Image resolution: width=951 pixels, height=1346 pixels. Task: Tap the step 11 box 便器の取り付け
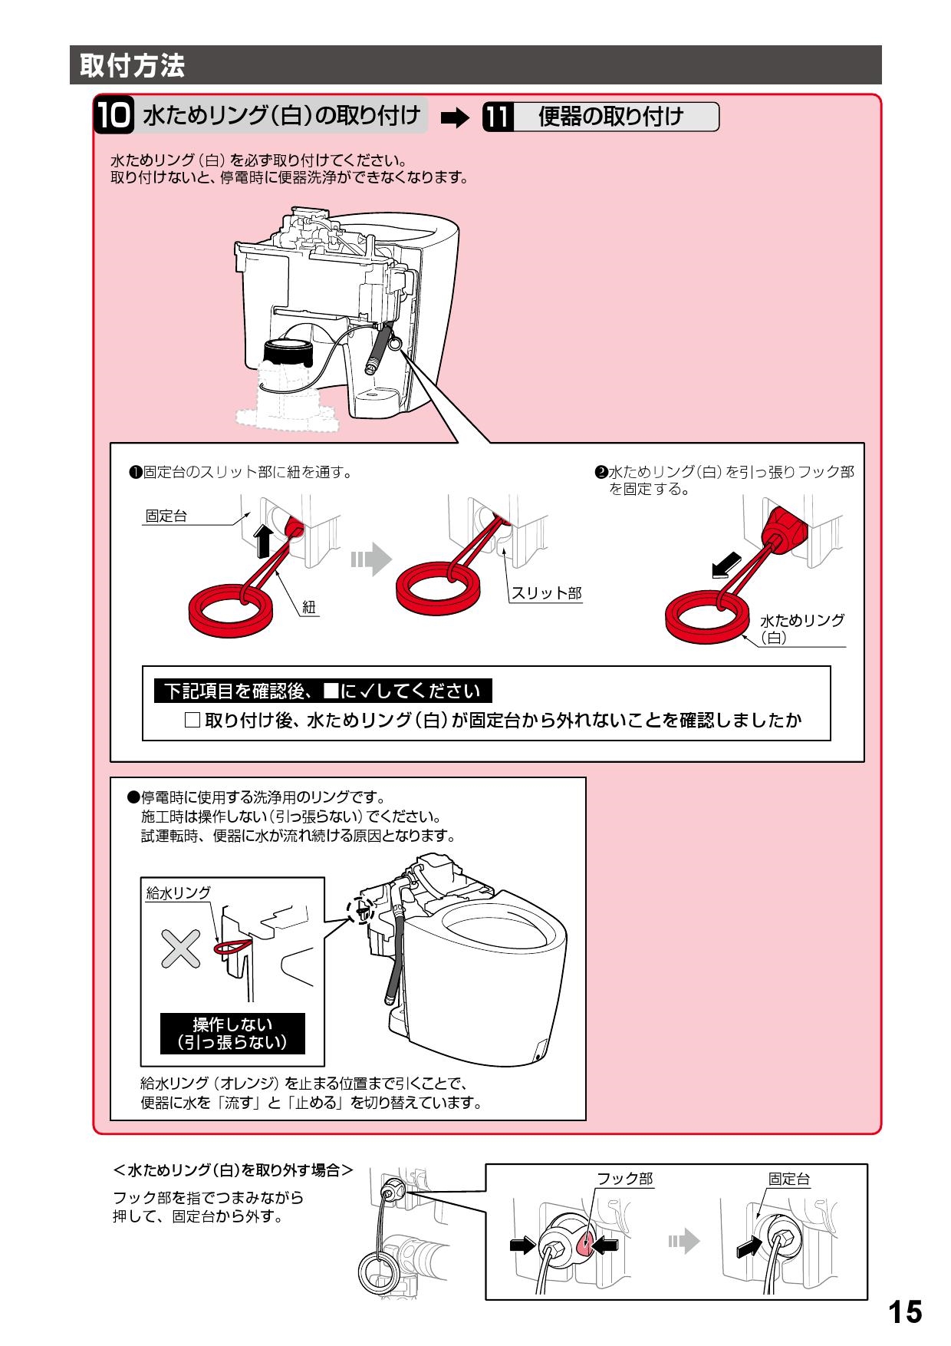coord(601,117)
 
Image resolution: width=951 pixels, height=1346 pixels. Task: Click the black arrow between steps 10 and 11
coord(455,117)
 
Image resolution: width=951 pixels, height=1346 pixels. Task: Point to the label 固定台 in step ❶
coord(166,516)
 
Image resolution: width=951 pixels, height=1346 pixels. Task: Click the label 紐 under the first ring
coord(308,607)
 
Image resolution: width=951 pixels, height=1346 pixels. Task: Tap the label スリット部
coord(546,592)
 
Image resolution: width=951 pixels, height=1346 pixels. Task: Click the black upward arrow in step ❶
coord(262,541)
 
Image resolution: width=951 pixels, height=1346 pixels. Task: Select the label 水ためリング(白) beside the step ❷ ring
coord(801,628)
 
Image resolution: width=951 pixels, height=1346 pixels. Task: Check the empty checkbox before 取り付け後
coord(193,720)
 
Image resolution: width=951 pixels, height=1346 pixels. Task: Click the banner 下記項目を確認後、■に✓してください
coord(323,691)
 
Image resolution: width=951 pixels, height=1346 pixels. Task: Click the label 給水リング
coord(178,892)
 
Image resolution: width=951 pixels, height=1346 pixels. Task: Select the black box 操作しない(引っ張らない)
coord(232,1033)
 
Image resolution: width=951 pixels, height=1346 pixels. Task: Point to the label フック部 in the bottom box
coord(624,1179)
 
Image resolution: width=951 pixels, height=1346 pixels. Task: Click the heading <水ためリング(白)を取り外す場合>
coord(232,1170)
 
